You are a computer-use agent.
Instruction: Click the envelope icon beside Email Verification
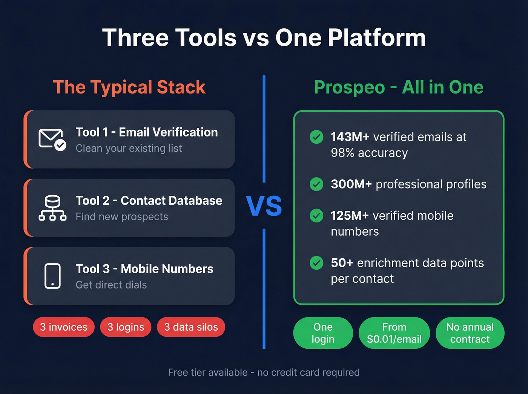coord(52,140)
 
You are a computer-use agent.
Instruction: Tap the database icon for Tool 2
coord(52,208)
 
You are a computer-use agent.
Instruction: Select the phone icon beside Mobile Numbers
coord(52,276)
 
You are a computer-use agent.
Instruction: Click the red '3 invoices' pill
coord(64,327)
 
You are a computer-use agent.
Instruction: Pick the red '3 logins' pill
coord(126,327)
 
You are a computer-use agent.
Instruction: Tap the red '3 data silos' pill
coord(191,327)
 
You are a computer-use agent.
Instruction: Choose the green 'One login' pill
coord(323,333)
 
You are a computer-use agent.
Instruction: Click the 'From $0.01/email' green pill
coord(394,333)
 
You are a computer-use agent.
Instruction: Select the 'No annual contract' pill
coord(470,333)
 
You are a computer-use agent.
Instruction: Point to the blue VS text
coord(264,206)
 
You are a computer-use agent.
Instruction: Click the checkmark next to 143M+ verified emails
coord(316,137)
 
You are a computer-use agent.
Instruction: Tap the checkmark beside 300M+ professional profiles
coord(316,184)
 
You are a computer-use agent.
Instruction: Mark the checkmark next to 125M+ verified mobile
coord(316,216)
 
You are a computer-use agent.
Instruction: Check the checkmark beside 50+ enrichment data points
coord(316,263)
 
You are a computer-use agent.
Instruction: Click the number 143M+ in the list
coord(350,137)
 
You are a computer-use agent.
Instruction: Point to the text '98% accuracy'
coord(369,153)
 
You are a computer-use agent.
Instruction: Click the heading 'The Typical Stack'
coord(129,87)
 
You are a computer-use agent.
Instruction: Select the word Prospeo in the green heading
coord(349,87)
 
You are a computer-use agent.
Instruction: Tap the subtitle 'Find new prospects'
coord(122,217)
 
